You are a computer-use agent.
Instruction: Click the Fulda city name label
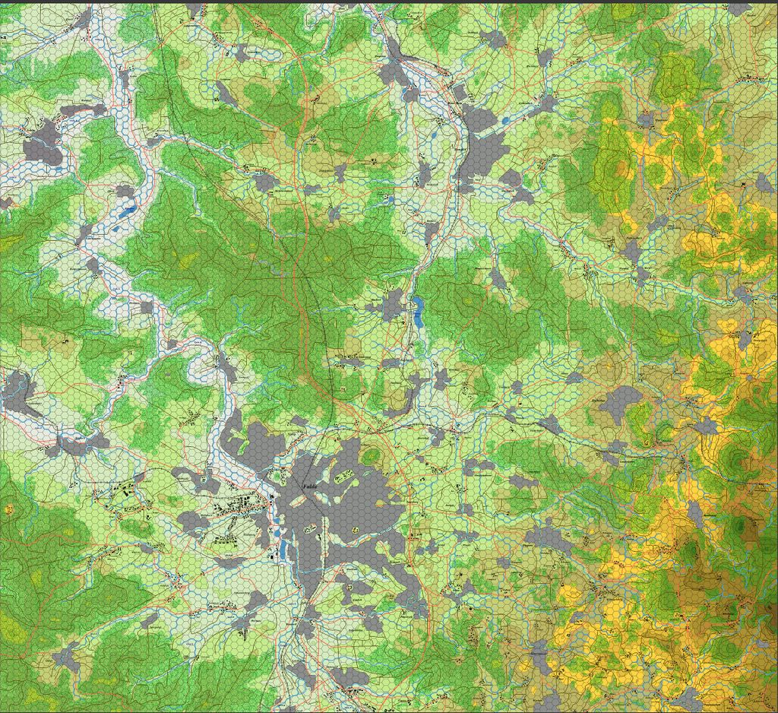point(308,484)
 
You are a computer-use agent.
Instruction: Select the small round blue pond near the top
point(505,120)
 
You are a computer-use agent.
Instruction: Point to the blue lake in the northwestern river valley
point(130,208)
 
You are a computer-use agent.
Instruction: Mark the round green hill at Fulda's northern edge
point(372,456)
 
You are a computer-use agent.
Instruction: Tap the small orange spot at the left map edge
point(9,507)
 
